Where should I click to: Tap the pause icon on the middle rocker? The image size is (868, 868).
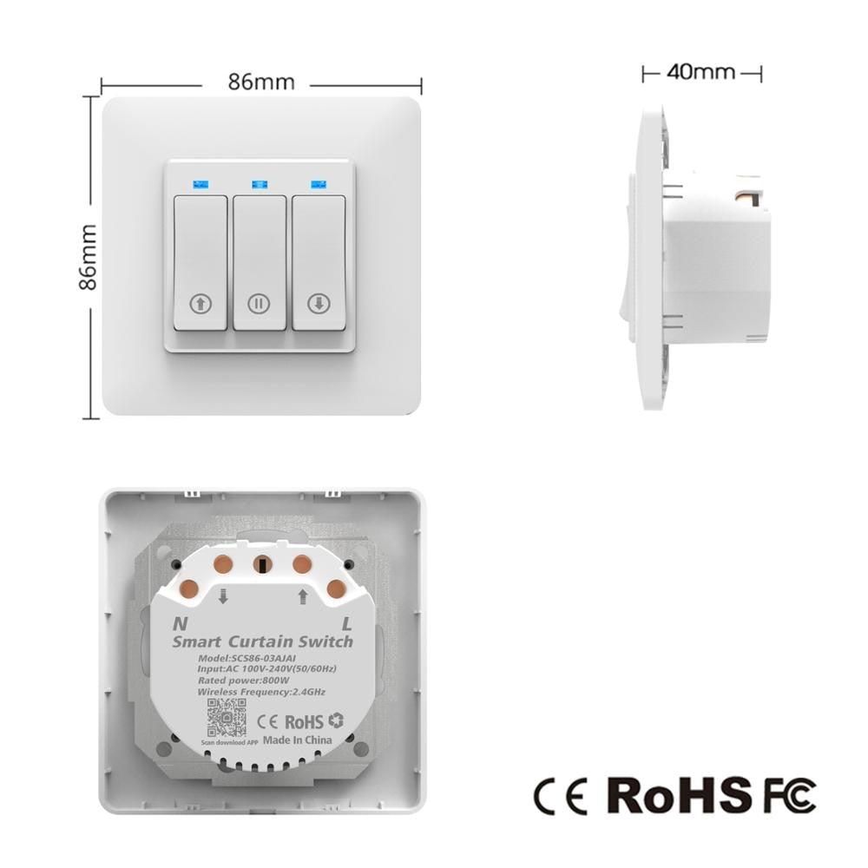[258, 304]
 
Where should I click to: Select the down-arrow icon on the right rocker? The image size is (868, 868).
[318, 304]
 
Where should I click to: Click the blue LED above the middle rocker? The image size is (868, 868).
[259, 184]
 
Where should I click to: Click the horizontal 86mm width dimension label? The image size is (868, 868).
[261, 82]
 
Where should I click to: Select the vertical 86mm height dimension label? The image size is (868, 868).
[89, 257]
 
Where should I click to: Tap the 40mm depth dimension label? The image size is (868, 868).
[700, 72]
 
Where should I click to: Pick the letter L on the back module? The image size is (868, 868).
[347, 623]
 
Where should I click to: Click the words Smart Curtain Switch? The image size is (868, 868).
[262, 642]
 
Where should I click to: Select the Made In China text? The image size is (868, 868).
[297, 740]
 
